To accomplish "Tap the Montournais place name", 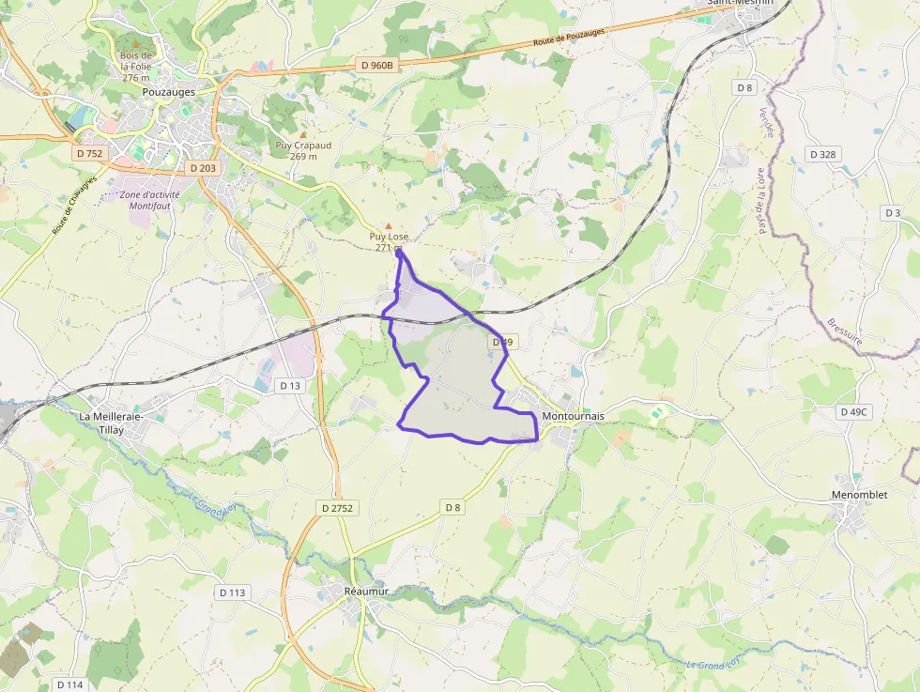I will (x=573, y=415).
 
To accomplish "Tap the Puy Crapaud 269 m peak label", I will (x=303, y=150).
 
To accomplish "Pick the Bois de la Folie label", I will (x=136, y=67).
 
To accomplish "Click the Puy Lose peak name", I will (x=389, y=237).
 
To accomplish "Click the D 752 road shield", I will (x=89, y=152).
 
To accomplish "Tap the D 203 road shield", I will (x=202, y=168).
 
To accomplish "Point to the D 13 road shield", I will (x=290, y=385).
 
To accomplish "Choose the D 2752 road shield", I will (x=337, y=507).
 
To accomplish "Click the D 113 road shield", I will (x=232, y=592).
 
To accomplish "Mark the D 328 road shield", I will (x=822, y=154).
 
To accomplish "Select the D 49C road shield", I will (x=855, y=411).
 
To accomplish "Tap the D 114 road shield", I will (x=69, y=684).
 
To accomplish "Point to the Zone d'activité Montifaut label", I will (x=150, y=199).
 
